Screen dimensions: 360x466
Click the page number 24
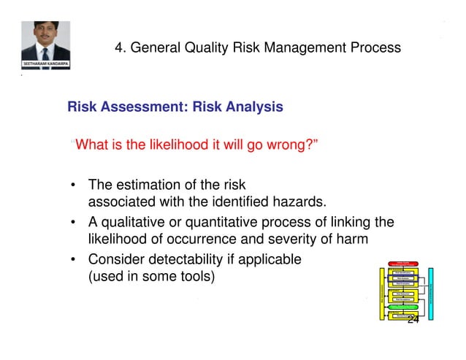tap(413, 321)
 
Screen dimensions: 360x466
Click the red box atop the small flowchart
tap(403, 265)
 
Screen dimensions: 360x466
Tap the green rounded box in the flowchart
tap(403, 307)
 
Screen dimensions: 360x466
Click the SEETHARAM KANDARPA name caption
tap(45, 65)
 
